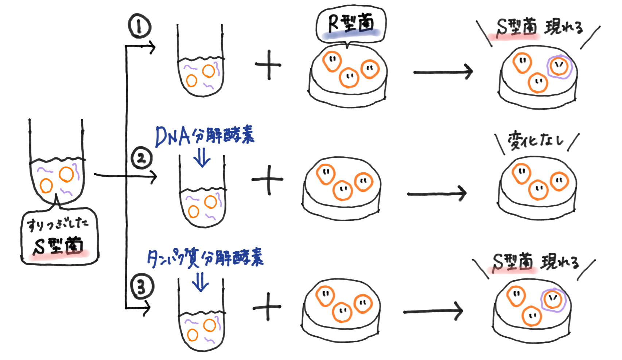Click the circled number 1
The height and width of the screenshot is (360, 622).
139,27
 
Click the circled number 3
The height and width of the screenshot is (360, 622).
142,286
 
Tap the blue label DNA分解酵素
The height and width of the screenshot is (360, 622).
204,136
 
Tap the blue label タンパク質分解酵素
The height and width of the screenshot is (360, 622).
205,258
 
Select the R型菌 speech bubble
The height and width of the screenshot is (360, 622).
351,24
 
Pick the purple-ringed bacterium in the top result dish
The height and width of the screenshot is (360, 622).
559,67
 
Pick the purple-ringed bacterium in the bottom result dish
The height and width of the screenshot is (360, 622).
553,300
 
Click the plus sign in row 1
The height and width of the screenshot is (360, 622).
268,65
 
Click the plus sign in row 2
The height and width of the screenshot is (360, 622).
268,180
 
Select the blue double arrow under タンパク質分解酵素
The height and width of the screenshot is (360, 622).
201,282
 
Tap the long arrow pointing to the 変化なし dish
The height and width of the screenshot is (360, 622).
436,193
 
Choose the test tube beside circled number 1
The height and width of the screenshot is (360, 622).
200,66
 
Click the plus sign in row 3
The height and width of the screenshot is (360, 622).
267,307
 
